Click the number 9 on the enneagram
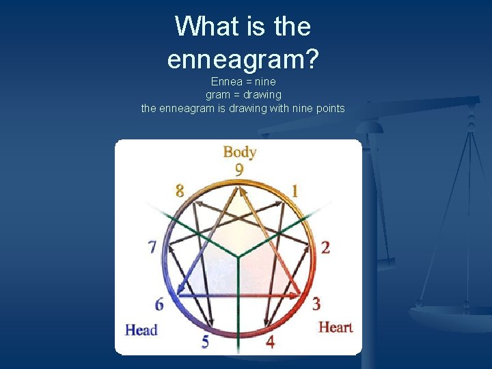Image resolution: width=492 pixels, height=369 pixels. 239,169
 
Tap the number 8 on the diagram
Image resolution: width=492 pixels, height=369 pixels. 180,191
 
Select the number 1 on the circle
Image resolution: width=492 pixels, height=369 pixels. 295,191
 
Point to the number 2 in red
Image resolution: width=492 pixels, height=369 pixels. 325,247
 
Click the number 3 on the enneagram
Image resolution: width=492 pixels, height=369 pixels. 316,303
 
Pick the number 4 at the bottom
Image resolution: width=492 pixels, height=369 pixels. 270,342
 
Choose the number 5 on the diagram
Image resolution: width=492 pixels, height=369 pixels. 205,342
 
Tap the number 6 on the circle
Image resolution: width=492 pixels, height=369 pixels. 160,303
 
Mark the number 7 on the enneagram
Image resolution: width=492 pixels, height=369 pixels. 152,247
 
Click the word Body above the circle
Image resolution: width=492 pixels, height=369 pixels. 239,152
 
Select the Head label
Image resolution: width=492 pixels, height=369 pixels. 141,330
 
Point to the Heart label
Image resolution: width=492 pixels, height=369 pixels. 336,327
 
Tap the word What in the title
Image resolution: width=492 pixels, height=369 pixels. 199,27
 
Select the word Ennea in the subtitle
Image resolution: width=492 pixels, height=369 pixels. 227,82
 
